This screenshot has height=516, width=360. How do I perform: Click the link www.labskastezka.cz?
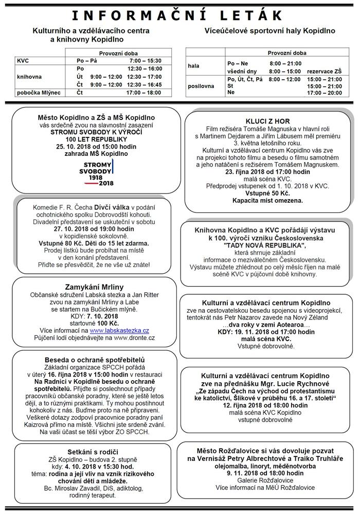(119, 330)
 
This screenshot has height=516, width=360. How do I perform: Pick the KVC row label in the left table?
(23, 60)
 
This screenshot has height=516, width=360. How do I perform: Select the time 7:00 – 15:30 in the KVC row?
(146, 60)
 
